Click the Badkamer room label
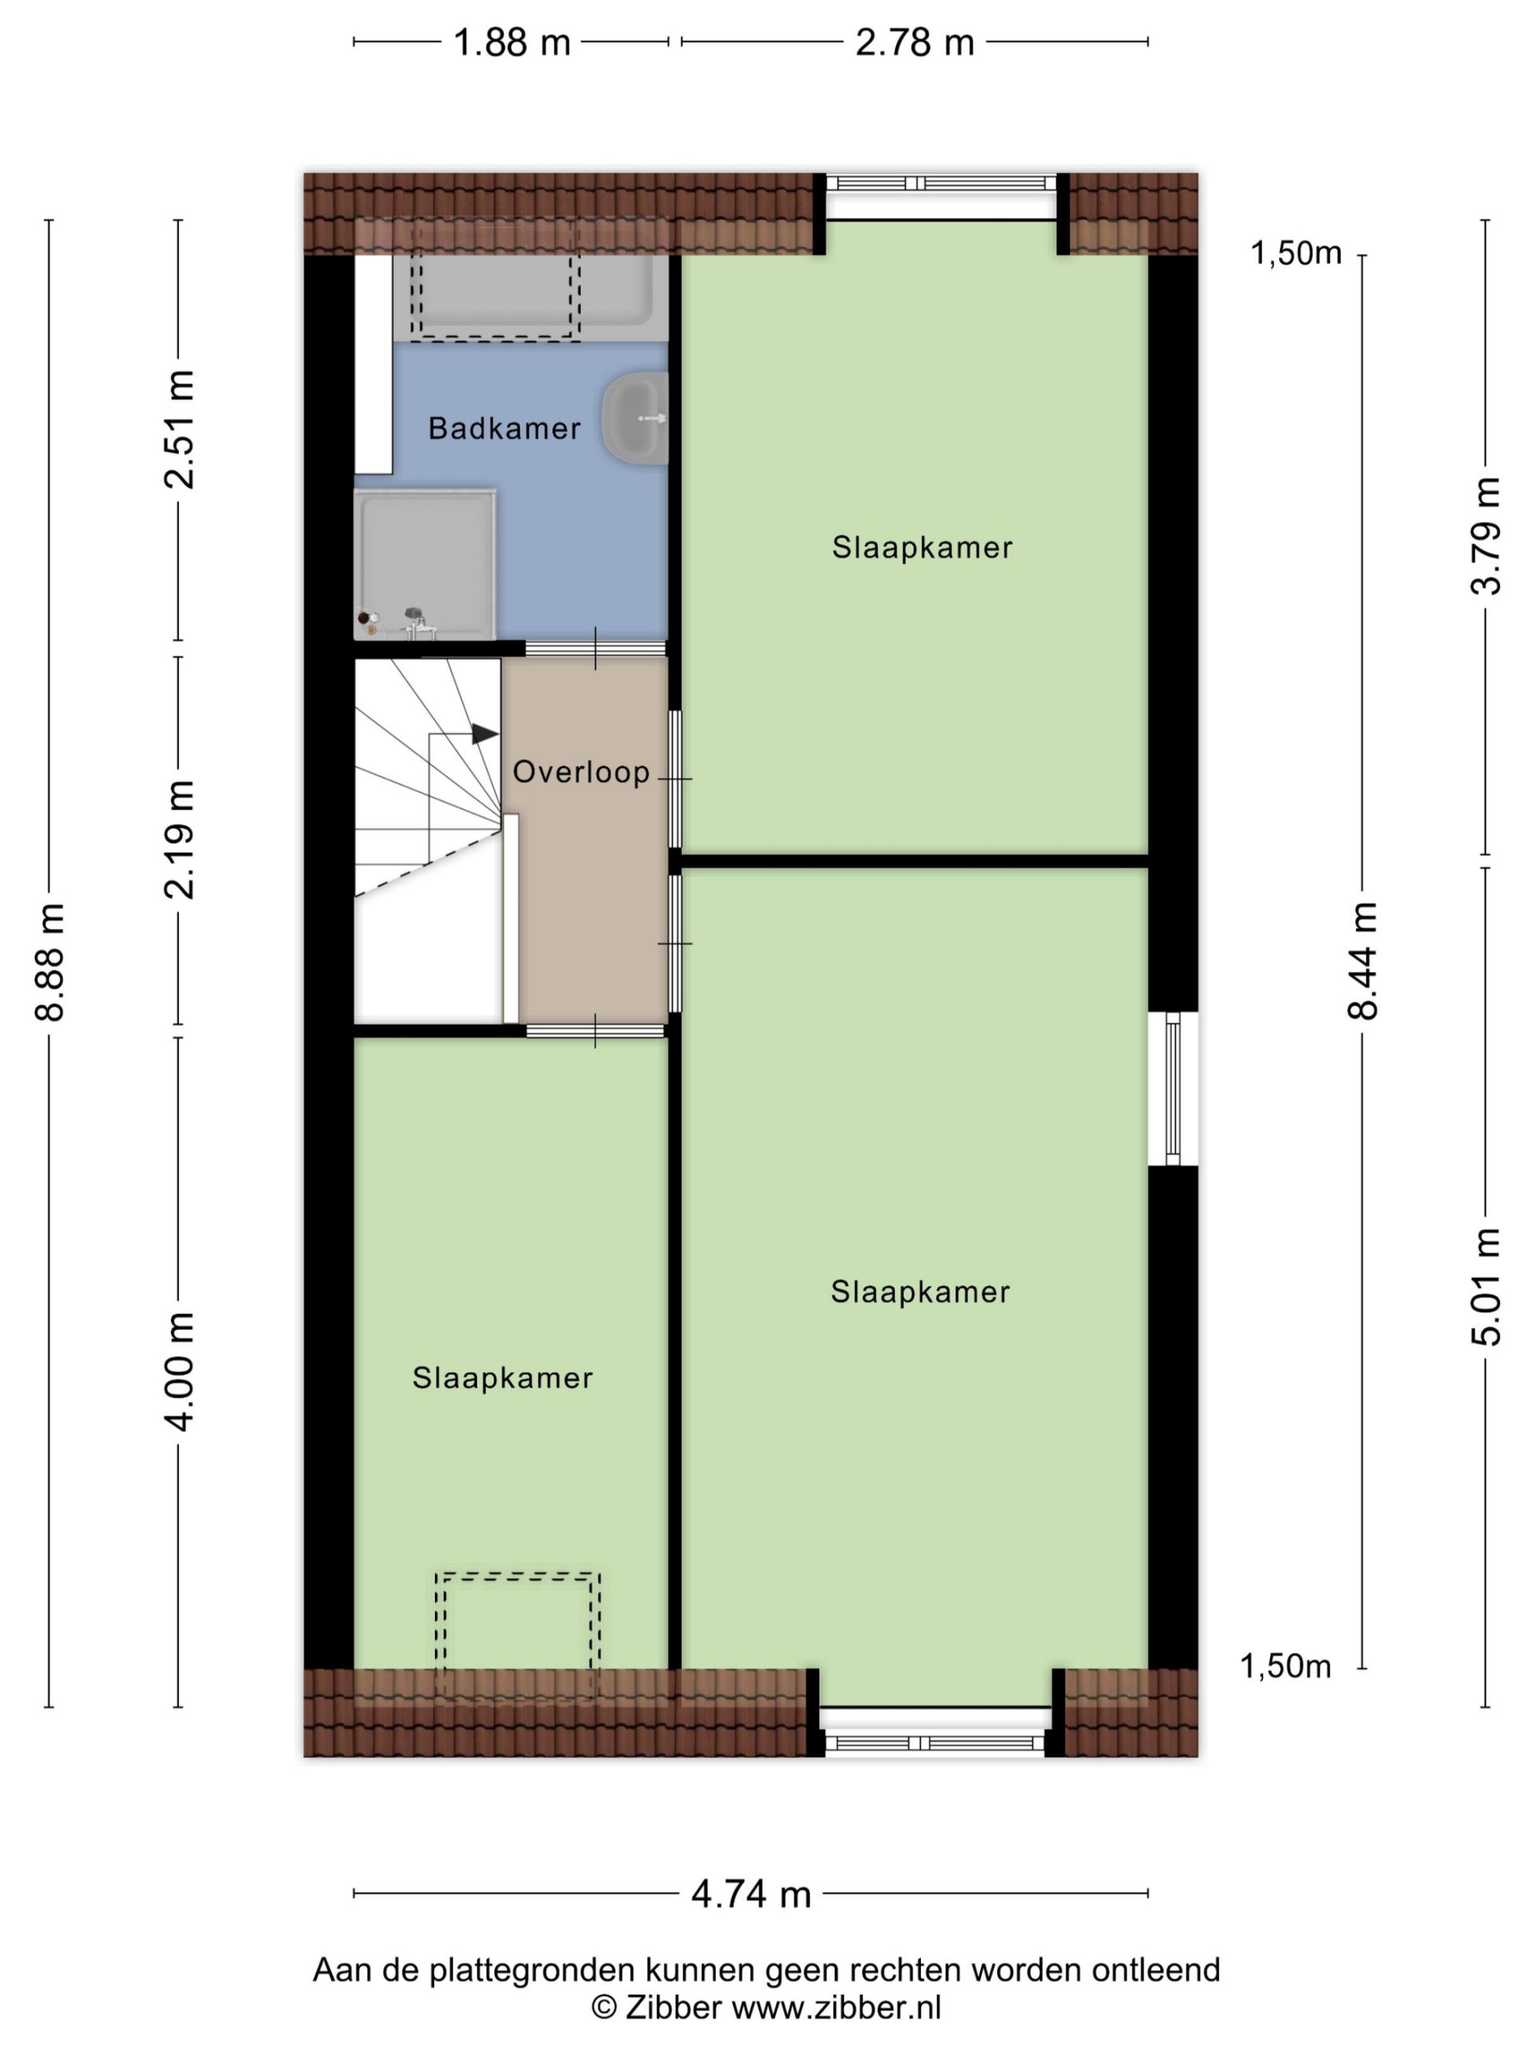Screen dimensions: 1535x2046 click(x=504, y=428)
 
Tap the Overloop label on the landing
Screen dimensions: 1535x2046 click(x=581, y=772)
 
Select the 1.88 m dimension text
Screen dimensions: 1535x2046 click(x=512, y=42)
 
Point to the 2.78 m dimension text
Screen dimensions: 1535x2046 click(x=914, y=42)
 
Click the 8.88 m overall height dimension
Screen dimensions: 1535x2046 click(x=50, y=962)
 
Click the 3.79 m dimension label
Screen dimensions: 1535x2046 click(x=1486, y=535)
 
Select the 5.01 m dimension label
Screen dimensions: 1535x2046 click(x=1486, y=1287)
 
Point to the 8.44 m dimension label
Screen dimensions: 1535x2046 click(x=1362, y=961)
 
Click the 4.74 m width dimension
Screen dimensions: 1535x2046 click(x=751, y=1895)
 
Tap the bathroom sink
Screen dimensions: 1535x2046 click(x=635, y=418)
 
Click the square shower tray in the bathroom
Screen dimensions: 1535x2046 click(x=425, y=563)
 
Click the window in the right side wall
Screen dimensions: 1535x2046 click(x=1173, y=1089)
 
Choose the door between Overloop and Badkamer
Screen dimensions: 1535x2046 click(x=596, y=648)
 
